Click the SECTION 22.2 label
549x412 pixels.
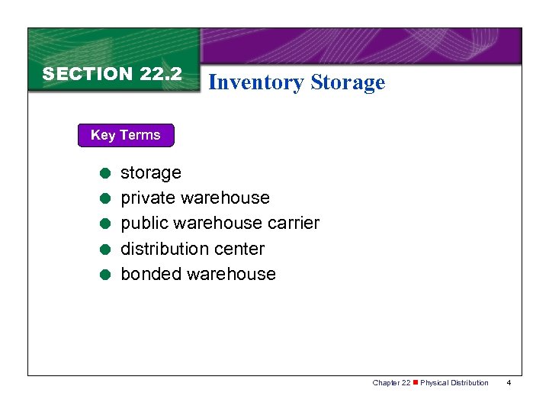[112, 74]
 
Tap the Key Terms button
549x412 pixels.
[126, 135]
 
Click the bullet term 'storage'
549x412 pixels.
[151, 172]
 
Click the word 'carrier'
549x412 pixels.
[294, 223]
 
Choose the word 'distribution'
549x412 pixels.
[166, 249]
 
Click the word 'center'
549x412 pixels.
[240, 249]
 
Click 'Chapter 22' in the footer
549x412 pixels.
[391, 382]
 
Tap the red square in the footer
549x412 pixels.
[416, 382]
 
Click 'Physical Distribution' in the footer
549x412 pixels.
[454, 382]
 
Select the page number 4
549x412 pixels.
[509, 382]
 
